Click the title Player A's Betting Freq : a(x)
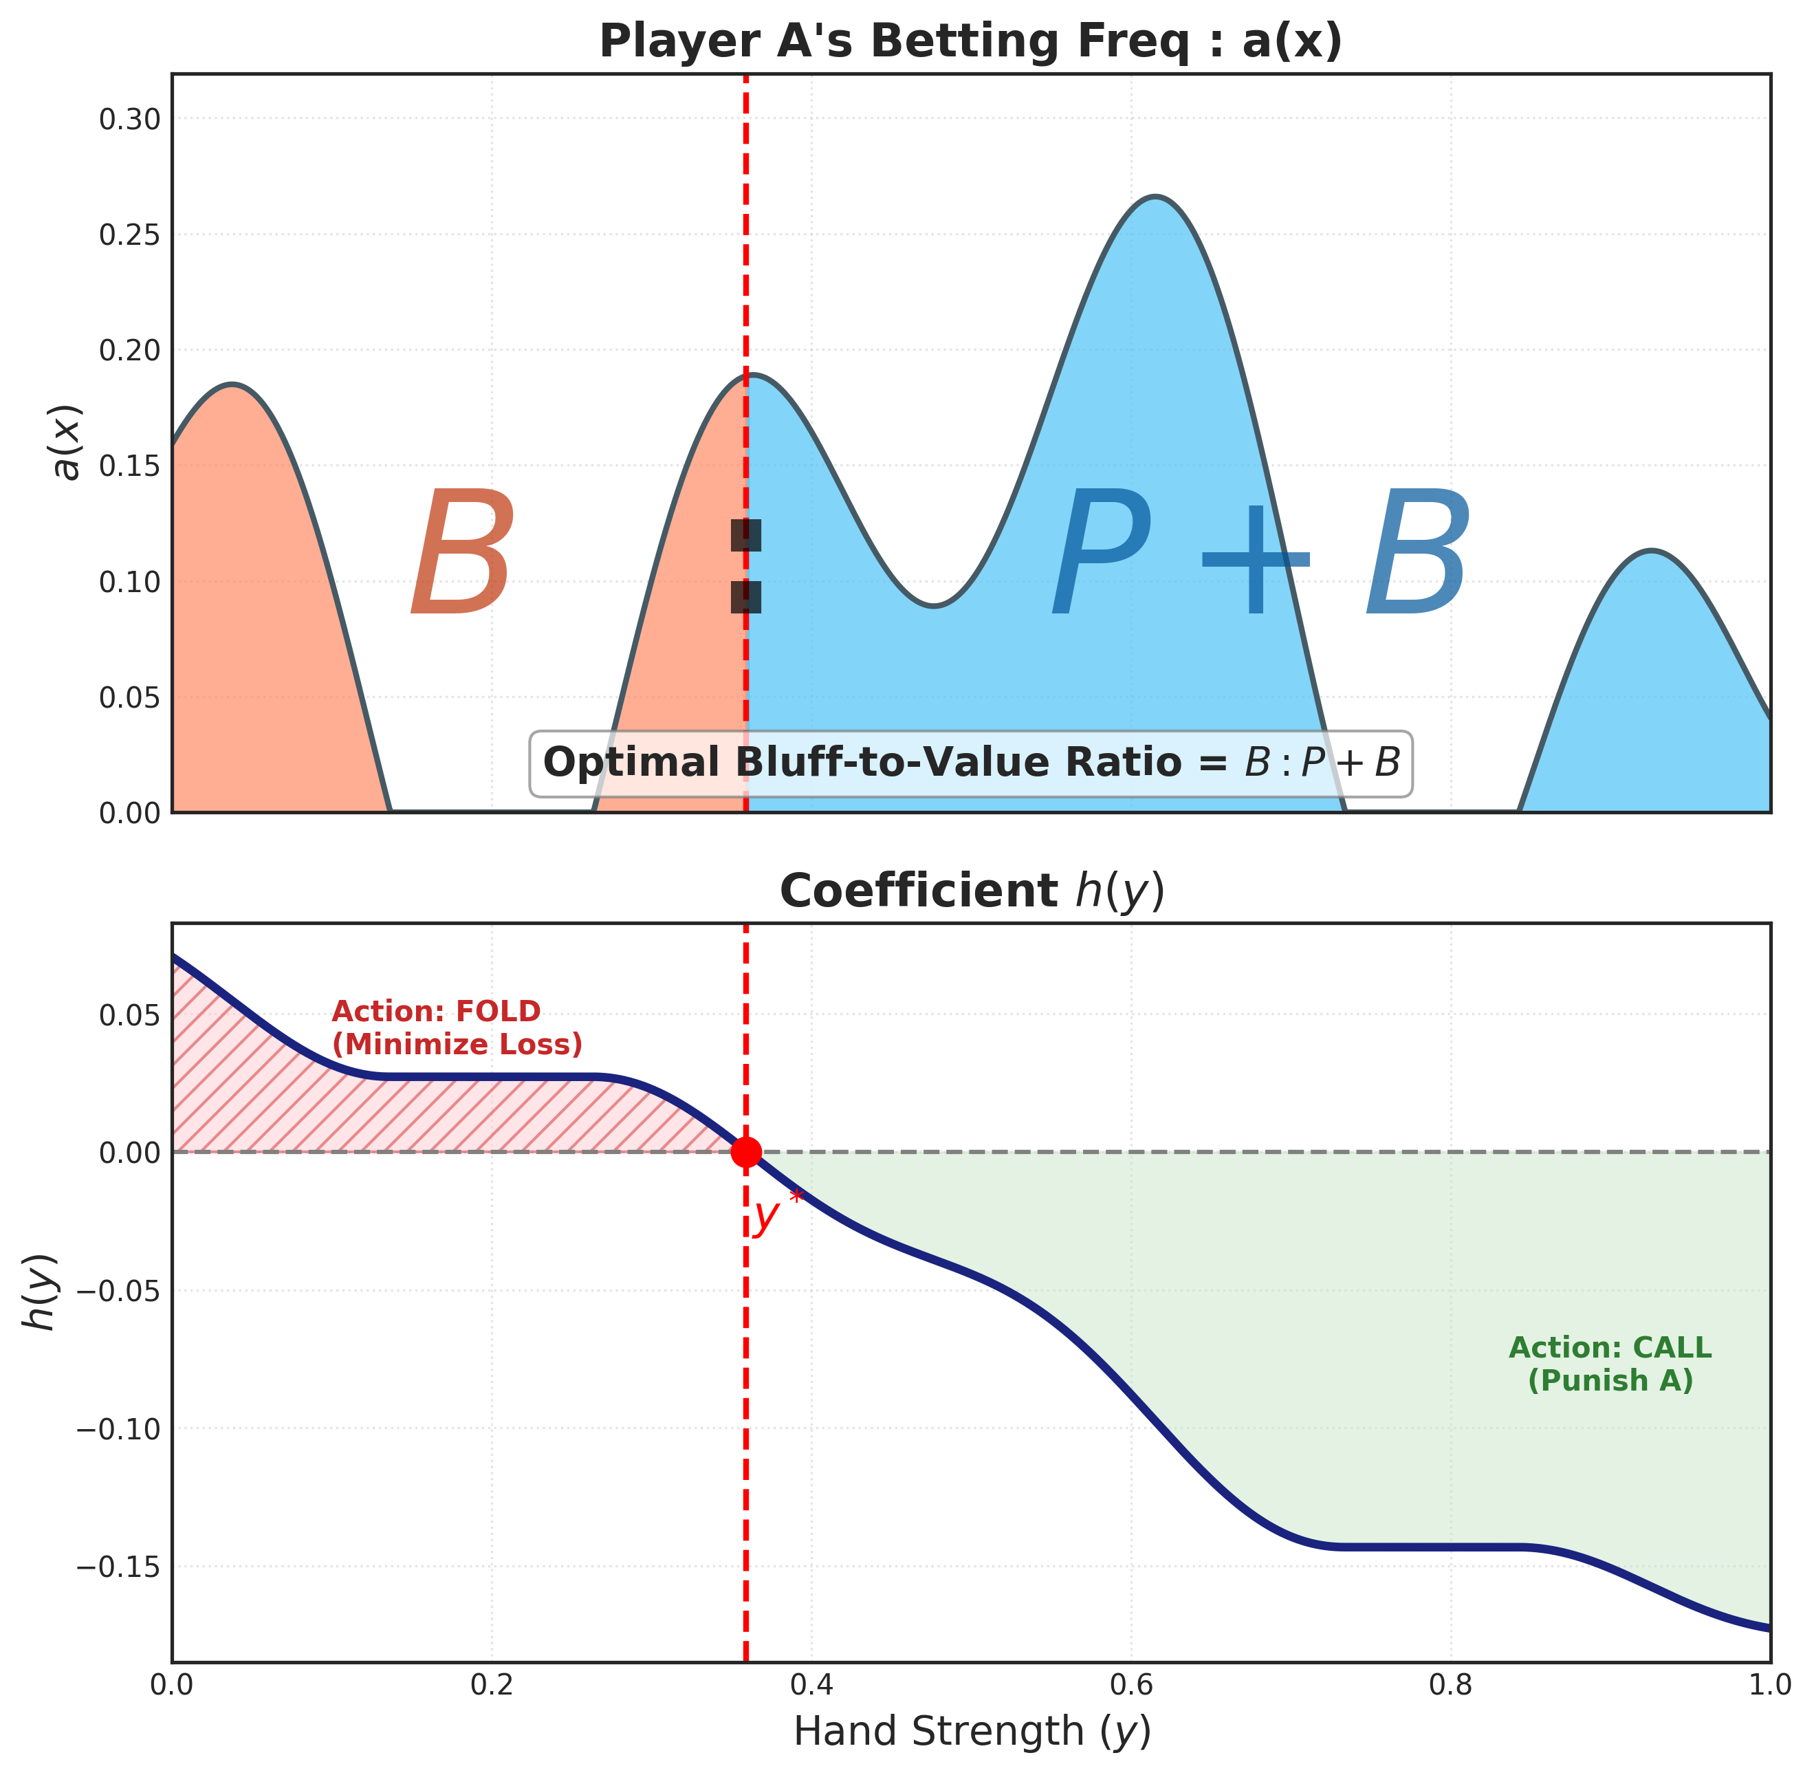tap(970, 42)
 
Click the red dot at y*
tap(745, 1152)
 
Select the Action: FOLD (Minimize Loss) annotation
tap(457, 1027)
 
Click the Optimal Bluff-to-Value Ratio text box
tap(970, 763)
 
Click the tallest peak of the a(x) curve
tap(1155, 197)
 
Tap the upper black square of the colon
tap(745, 536)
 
